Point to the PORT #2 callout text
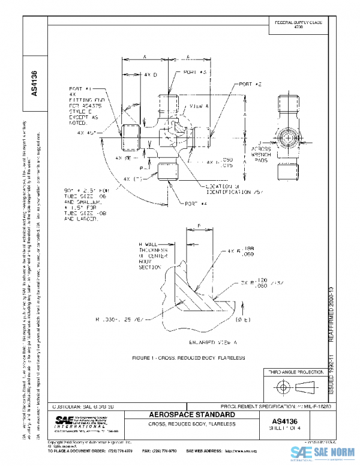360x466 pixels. (x=251, y=85)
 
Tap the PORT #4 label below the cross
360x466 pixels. (x=196, y=204)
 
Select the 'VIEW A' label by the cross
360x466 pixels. (x=199, y=106)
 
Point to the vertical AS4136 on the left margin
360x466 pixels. (x=34, y=83)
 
